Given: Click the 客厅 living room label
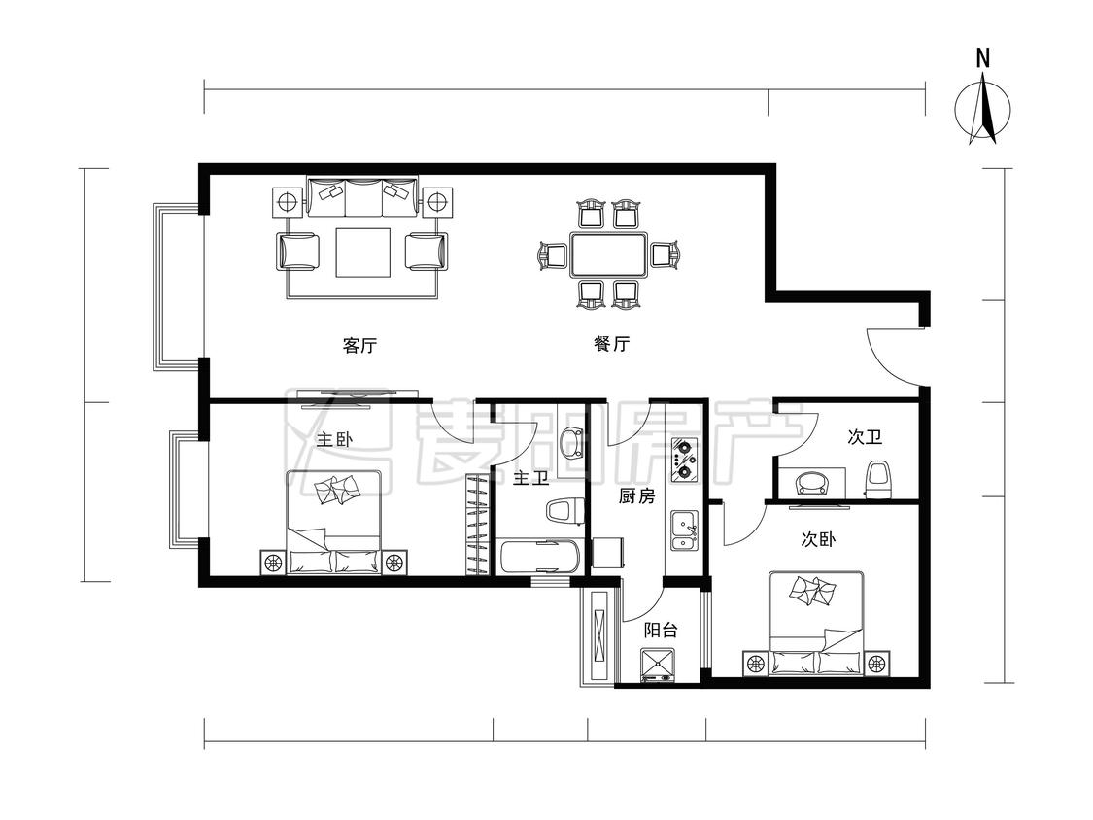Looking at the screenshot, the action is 359,345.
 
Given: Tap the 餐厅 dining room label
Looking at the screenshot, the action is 611,344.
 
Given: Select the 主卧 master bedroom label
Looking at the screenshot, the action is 335,440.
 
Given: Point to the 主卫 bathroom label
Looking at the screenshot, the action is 530,479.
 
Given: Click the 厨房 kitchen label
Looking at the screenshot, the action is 636,496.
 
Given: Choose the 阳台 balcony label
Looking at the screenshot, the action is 660,631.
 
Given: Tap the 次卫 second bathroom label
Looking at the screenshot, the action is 865,437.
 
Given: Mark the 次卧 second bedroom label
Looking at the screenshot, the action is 818,539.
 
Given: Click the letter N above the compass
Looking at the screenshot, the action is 983,58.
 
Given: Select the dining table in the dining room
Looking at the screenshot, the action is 609,255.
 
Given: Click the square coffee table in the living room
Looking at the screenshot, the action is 362,253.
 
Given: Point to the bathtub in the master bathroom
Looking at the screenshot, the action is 540,557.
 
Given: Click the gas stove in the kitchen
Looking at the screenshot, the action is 684,461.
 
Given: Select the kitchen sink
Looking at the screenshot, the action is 684,530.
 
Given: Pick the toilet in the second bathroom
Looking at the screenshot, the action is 878,480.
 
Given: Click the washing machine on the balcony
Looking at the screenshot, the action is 658,666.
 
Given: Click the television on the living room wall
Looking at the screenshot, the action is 359,395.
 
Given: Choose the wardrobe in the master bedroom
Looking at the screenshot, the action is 475,525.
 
